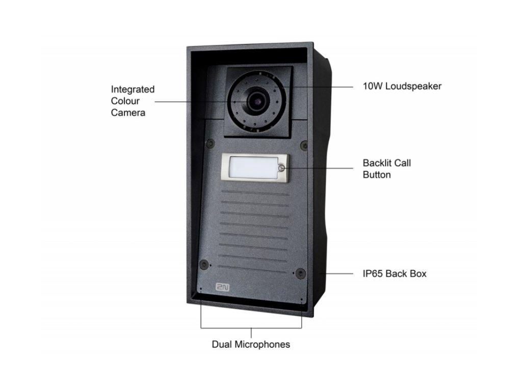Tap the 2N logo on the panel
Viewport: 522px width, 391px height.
pyautogui.click(x=222, y=287)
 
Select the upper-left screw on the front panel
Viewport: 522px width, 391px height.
pyautogui.click(x=210, y=143)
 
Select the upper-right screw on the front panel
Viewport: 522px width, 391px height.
pyautogui.click(x=304, y=145)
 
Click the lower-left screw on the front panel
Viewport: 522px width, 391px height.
pyautogui.click(x=204, y=264)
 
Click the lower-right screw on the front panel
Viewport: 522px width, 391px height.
pyautogui.click(x=301, y=273)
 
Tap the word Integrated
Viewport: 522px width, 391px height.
pyautogui.click(x=133, y=90)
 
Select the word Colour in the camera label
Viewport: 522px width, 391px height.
pyautogui.click(x=125, y=101)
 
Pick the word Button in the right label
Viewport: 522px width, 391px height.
pyautogui.click(x=377, y=175)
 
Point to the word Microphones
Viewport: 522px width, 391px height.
pyautogui.click(x=263, y=345)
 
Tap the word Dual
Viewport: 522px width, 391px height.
pyautogui.click(x=222, y=344)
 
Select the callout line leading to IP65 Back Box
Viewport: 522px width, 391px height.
pyautogui.click(x=336, y=273)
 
